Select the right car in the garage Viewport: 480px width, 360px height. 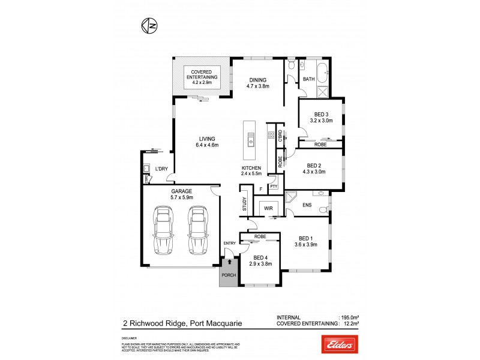pyautogui.click(x=197, y=230)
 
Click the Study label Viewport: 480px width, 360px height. pyautogui.click(x=244, y=204)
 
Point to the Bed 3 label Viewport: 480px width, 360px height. pyautogui.click(x=321, y=117)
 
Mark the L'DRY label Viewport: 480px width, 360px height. pyautogui.click(x=160, y=169)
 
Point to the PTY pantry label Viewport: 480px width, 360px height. pyautogui.click(x=274, y=187)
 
